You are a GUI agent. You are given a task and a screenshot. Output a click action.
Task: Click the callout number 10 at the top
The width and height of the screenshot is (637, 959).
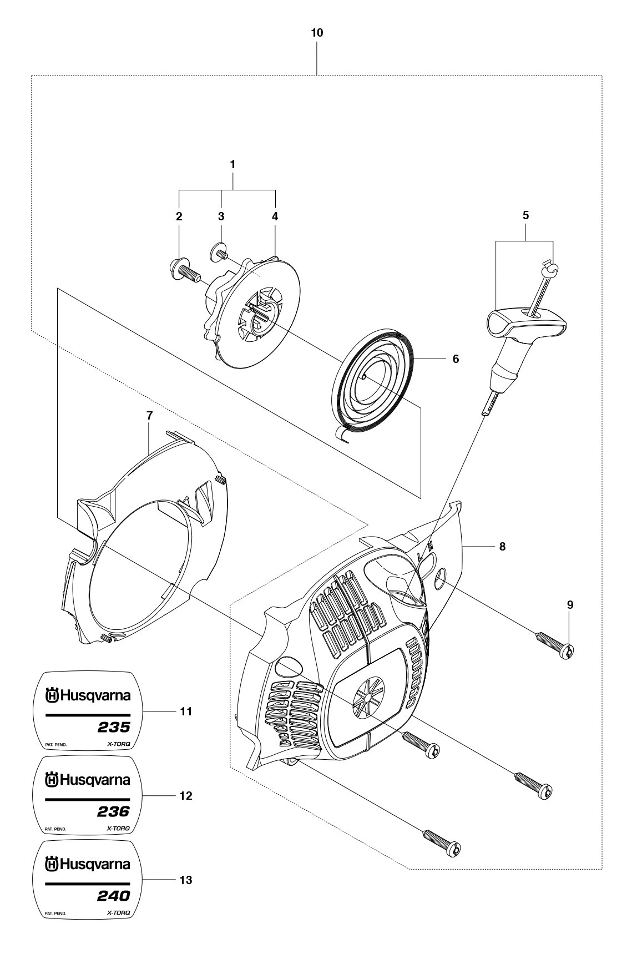(x=317, y=33)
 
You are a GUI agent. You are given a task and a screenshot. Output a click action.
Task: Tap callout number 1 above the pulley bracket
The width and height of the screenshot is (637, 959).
(x=233, y=164)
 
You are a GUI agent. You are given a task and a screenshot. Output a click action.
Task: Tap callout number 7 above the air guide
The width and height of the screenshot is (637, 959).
(x=149, y=415)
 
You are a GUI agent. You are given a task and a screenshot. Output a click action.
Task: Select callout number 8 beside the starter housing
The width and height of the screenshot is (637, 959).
(x=502, y=546)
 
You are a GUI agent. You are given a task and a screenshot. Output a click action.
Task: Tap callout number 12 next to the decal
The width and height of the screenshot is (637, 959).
(x=186, y=796)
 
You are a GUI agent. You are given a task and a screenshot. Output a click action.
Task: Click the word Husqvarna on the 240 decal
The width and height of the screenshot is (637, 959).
(x=95, y=865)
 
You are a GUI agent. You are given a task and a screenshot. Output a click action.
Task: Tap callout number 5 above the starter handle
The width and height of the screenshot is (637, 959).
(x=525, y=215)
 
